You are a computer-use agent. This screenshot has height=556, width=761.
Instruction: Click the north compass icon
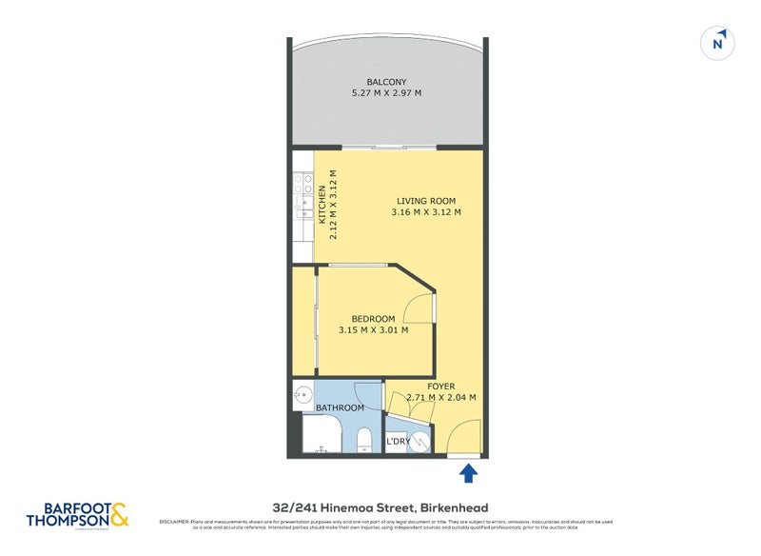pyautogui.click(x=718, y=43)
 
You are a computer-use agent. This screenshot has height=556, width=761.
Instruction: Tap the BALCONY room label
pyautogui.click(x=386, y=82)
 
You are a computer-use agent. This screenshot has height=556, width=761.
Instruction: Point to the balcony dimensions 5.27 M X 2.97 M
pyautogui.click(x=386, y=93)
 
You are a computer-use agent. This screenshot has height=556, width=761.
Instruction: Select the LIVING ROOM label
pyautogui.click(x=425, y=201)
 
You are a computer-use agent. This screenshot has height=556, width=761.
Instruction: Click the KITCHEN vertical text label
pyautogui.click(x=322, y=204)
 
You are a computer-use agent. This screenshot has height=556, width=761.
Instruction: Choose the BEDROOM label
pyautogui.click(x=373, y=319)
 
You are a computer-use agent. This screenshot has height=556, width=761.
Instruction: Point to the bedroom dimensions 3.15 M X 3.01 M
pyautogui.click(x=373, y=330)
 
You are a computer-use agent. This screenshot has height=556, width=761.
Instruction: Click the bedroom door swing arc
pyautogui.click(x=418, y=308)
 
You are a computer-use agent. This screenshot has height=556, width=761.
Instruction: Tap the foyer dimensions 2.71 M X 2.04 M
pyautogui.click(x=440, y=398)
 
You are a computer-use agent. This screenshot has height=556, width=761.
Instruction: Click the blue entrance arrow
pyautogui.click(x=467, y=472)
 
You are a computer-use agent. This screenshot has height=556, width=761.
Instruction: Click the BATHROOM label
pyautogui.click(x=340, y=407)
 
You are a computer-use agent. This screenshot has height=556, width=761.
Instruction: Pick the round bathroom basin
pyautogui.click(x=302, y=394)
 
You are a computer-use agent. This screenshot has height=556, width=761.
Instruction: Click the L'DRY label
pyautogui.click(x=397, y=443)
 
